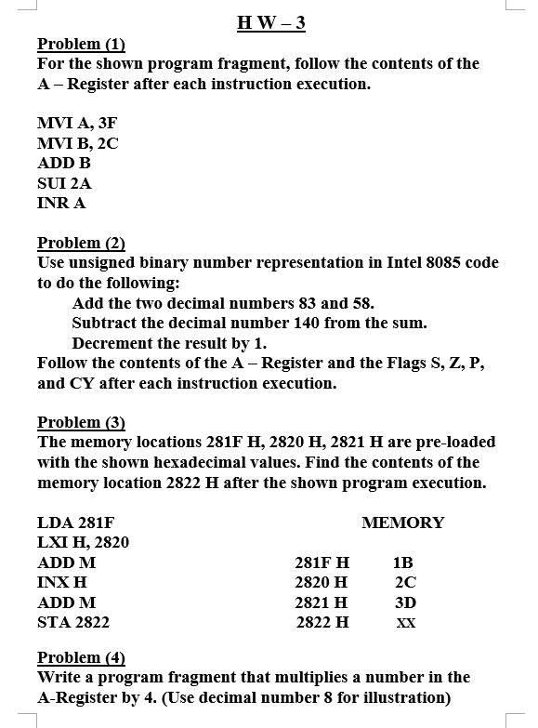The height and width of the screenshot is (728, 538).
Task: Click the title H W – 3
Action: coord(271,23)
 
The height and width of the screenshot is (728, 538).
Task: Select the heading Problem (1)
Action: coord(81,44)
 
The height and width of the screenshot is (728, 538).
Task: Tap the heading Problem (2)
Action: coord(81,243)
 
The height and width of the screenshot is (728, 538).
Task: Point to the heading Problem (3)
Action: coord(81,421)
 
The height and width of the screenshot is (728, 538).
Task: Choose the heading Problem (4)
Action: coord(81,657)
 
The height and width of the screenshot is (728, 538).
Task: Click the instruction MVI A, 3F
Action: coord(77,123)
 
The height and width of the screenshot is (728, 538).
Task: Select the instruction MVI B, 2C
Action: coord(78,143)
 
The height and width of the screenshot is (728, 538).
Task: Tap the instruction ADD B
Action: coord(64,163)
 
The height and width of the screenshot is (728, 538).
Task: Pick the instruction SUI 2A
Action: coord(64,183)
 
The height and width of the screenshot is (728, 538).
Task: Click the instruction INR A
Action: coord(61,203)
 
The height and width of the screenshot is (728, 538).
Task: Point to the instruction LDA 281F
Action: coord(75,523)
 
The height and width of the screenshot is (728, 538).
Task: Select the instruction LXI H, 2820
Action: coord(83,542)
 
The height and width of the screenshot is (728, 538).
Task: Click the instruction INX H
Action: coord(62,582)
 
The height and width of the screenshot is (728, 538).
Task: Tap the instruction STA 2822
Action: coord(73,622)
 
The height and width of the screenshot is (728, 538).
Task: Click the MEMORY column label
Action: coord(402,523)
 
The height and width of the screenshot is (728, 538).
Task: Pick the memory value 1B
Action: coord(403,563)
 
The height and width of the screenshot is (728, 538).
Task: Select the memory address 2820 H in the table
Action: coord(321,582)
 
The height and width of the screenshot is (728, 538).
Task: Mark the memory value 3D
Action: coord(404,602)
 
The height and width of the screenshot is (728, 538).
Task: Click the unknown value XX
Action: coord(405,623)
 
